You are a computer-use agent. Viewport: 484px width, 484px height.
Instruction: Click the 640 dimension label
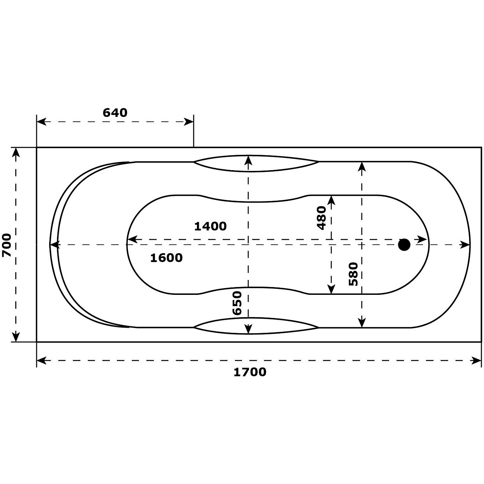click(115, 113)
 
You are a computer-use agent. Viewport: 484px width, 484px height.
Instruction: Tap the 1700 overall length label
click(250, 372)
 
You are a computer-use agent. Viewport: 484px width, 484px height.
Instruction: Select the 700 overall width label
click(7, 245)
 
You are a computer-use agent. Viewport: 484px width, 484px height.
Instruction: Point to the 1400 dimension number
click(210, 226)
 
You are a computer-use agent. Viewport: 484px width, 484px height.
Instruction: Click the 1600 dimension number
click(166, 258)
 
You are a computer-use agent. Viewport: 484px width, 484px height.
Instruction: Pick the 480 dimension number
click(321, 218)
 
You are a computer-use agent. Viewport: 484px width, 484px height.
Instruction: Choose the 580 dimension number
click(353, 274)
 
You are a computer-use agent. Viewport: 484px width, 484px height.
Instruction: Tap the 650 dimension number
click(237, 303)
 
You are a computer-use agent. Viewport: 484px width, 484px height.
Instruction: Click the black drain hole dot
click(404, 245)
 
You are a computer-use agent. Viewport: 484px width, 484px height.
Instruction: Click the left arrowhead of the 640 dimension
click(41, 122)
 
